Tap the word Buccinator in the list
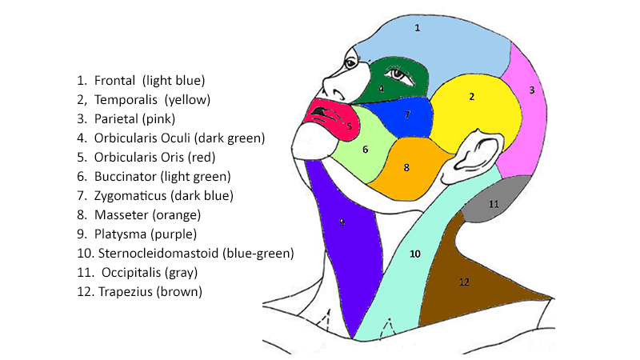[127, 177]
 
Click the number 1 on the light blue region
[417, 27]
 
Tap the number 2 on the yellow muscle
[472, 97]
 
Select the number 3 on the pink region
[532, 90]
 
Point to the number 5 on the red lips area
[349, 126]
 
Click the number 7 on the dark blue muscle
[407, 115]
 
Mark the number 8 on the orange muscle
[406, 168]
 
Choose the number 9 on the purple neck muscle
[342, 222]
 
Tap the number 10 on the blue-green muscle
[414, 254]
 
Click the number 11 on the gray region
[494, 205]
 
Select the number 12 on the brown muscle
[464, 282]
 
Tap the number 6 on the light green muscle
[365, 150]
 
